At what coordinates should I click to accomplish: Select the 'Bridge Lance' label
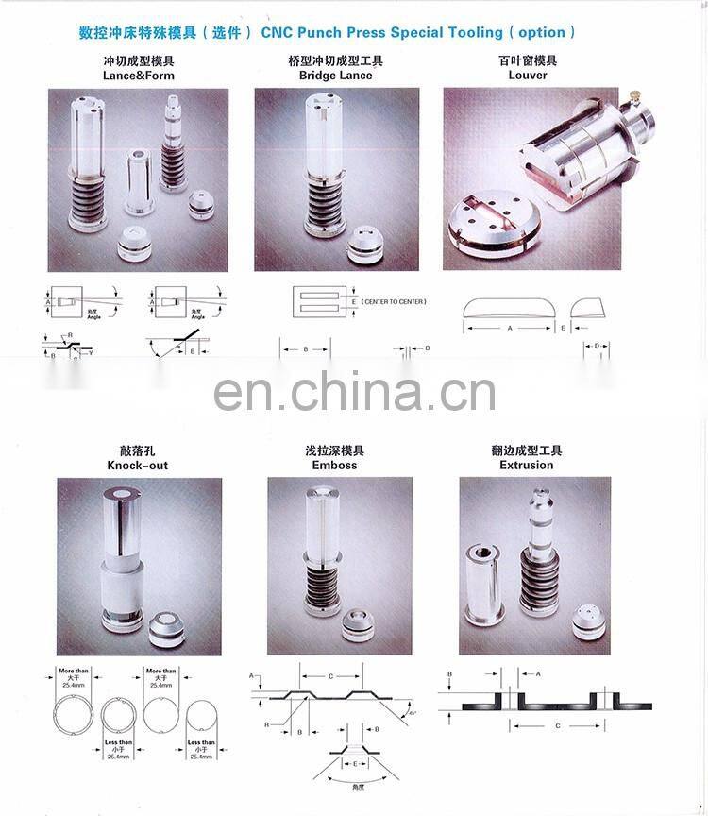coord(335,76)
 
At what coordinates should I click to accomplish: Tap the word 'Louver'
coord(528,76)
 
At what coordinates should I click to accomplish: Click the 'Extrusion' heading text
coord(527,466)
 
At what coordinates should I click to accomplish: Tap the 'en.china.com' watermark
coord(354,391)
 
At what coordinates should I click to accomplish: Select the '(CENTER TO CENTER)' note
coord(394,301)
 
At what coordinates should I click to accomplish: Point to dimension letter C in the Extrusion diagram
coord(557,725)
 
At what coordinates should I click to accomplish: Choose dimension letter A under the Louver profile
coord(510,329)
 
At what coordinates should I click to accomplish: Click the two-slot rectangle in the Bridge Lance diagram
coord(322,302)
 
